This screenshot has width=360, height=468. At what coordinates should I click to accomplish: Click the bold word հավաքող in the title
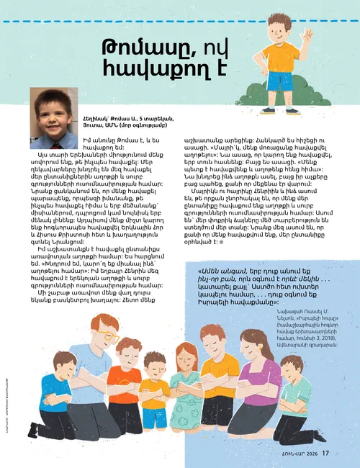(x=156, y=69)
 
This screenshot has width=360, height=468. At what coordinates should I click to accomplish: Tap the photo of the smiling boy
(x=54, y=108)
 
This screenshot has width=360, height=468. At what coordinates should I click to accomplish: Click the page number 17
(x=325, y=453)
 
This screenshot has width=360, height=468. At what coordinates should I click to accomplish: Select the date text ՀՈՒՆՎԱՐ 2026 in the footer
(x=300, y=453)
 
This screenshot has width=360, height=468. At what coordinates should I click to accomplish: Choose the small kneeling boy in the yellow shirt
(x=154, y=392)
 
